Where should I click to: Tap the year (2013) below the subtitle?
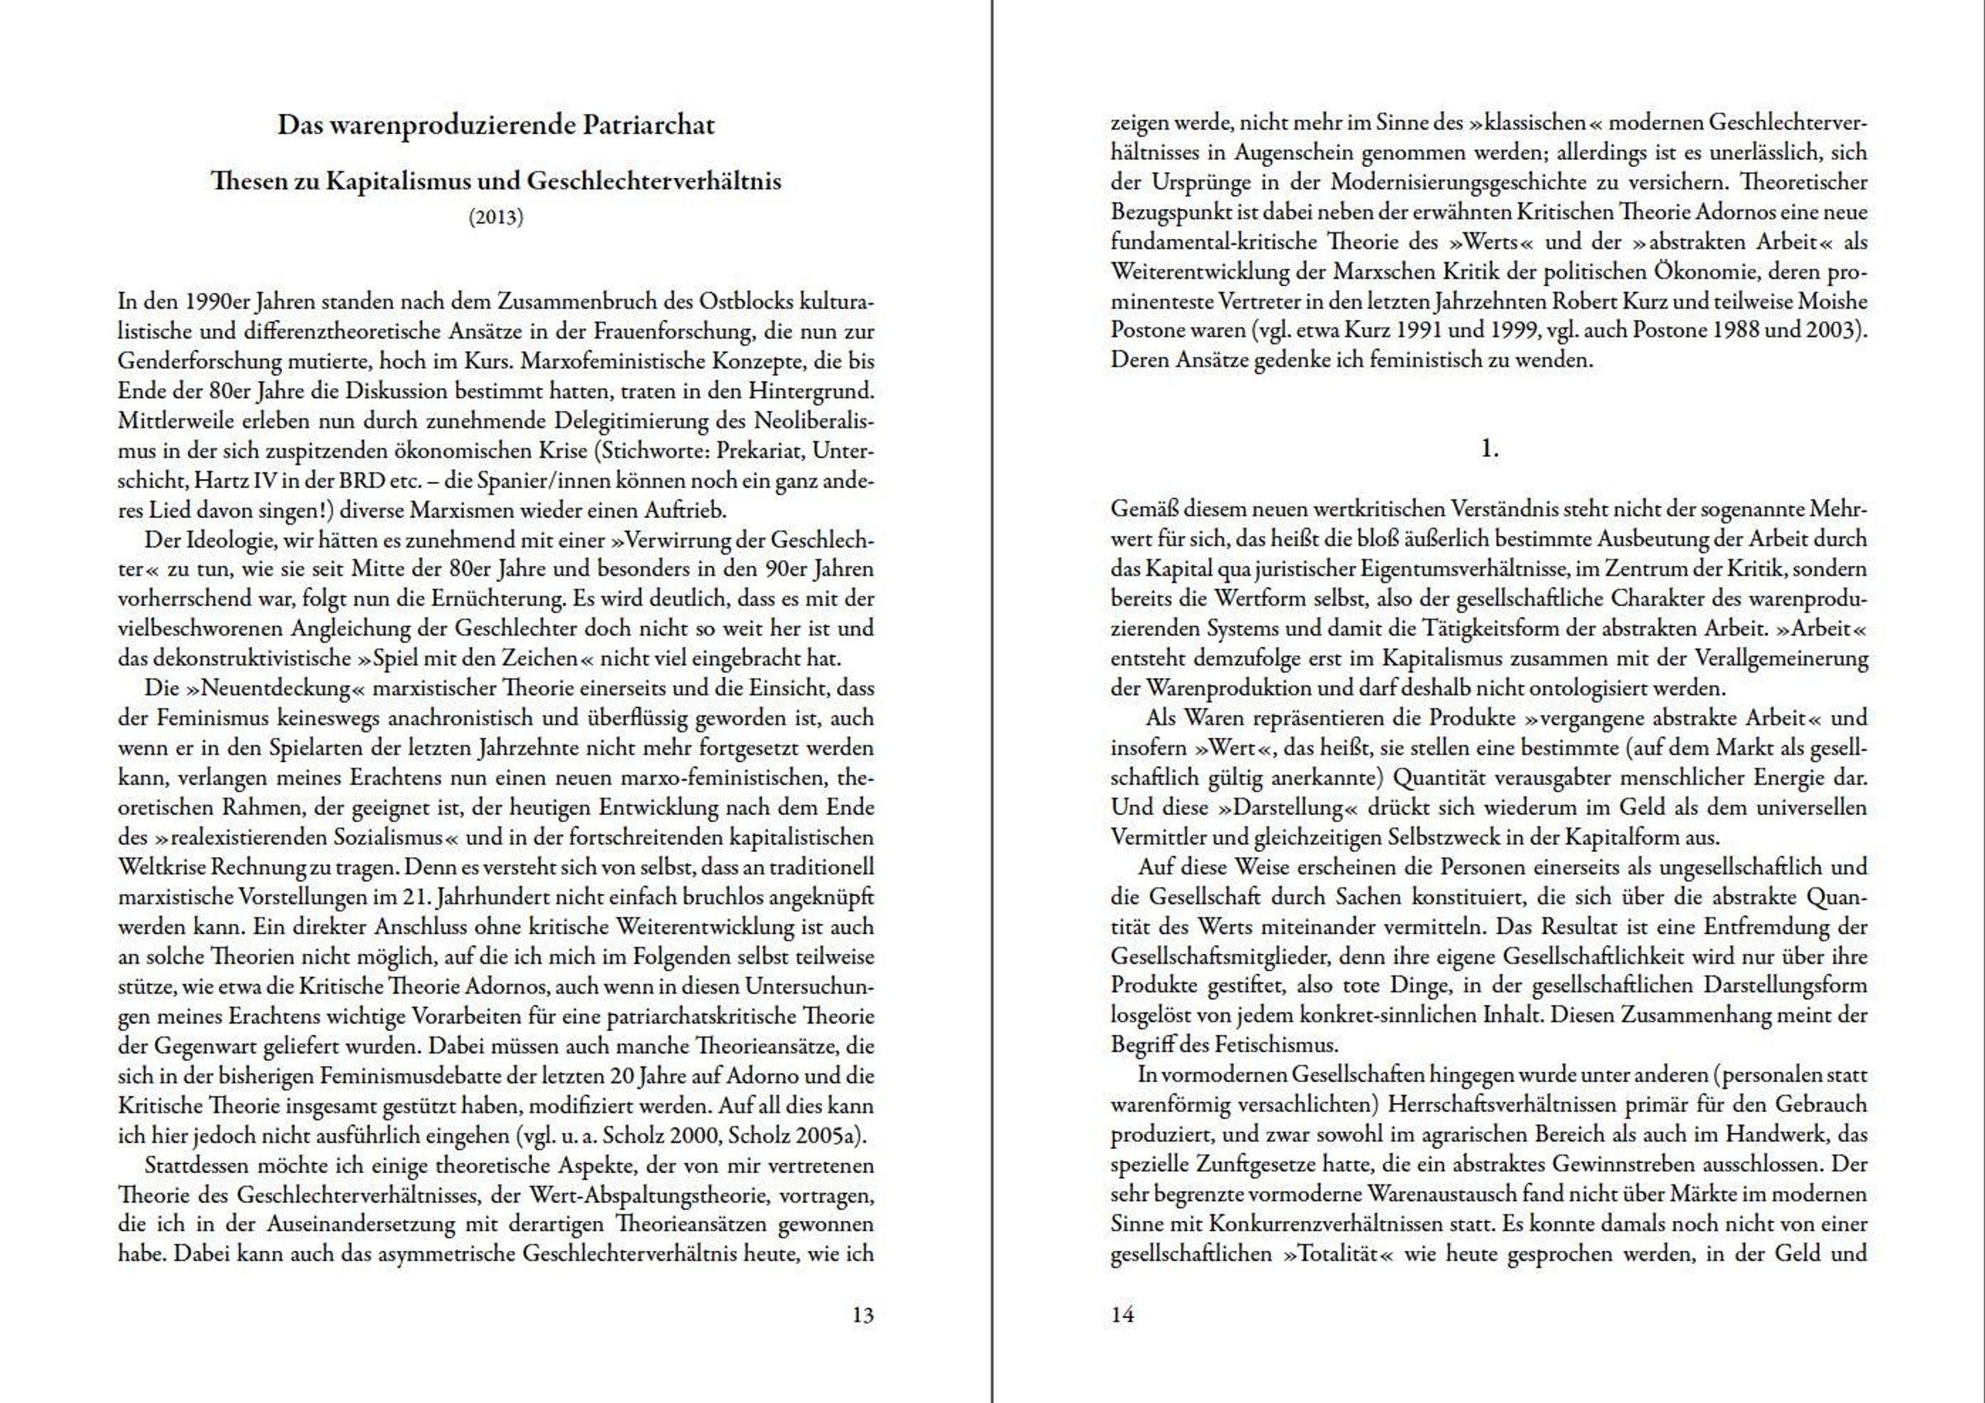pyautogui.click(x=496, y=217)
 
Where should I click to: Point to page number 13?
pyautogui.click(x=863, y=1314)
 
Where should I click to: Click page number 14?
pyautogui.click(x=1122, y=1314)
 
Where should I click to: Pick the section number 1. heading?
pyautogui.click(x=1490, y=448)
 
